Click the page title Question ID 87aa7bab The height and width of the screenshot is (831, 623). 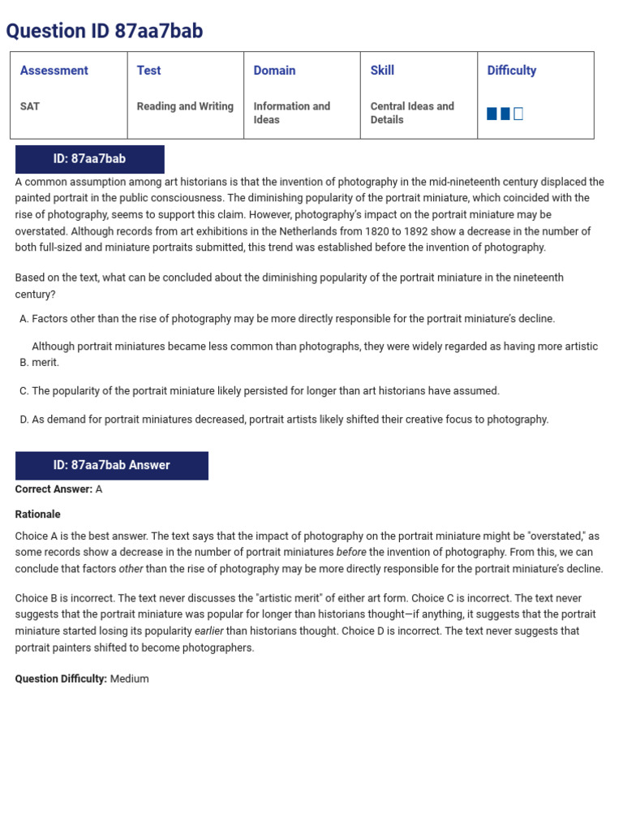point(105,31)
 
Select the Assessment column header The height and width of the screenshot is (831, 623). point(54,71)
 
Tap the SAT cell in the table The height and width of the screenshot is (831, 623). point(30,106)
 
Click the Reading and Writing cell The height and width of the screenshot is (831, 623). point(185,106)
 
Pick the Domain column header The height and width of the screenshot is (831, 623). point(274,71)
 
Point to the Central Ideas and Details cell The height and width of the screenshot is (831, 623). point(412,113)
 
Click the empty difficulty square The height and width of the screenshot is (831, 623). point(518,114)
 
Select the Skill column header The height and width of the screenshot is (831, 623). point(382,71)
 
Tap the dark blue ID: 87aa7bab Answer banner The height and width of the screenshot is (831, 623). point(112,465)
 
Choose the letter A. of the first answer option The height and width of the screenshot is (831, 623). point(24,319)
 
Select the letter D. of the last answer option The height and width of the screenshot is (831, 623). point(24,420)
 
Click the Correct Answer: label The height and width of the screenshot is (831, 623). point(54,489)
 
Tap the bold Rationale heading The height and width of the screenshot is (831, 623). point(37,514)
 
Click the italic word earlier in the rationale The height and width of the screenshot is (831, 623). point(208,631)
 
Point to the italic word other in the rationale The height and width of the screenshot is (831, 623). point(131,569)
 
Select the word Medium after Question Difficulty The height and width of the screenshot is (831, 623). point(130,678)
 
